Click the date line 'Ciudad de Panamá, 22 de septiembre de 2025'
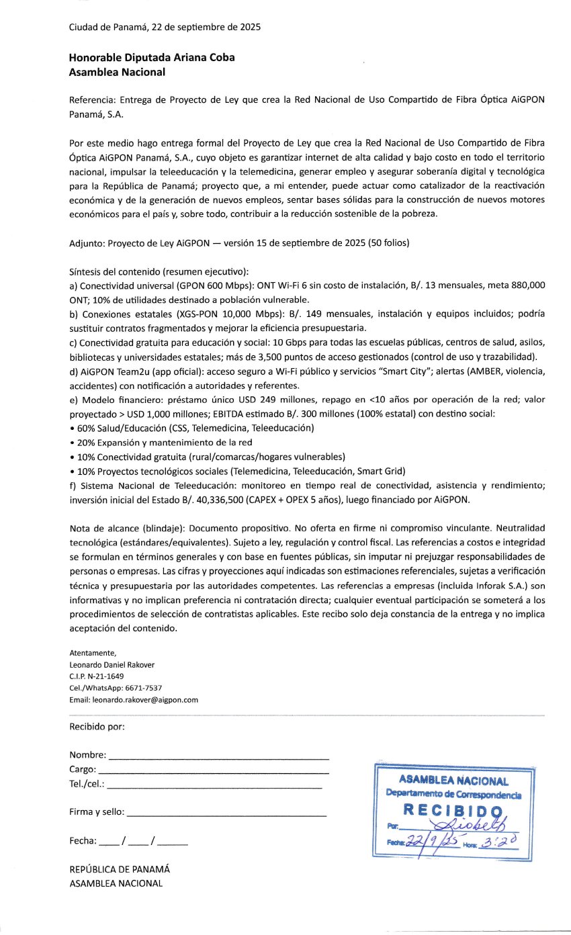click(165, 28)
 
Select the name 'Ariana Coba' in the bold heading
click(208, 58)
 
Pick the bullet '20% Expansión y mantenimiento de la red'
click(161, 442)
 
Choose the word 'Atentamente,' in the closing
click(93, 652)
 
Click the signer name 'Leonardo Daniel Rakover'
click(112, 664)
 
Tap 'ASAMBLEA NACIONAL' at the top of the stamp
click(453, 781)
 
